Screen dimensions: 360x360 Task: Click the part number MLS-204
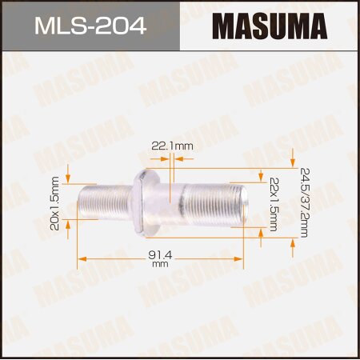coord(90,26)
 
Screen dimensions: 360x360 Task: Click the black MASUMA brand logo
coord(270,26)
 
